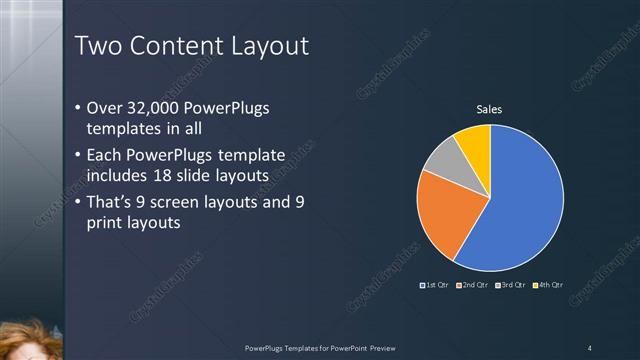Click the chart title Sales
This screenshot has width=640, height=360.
click(489, 109)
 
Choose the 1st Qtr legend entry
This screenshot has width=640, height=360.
click(435, 286)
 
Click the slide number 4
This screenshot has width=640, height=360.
click(589, 347)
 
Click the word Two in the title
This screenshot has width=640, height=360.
click(99, 46)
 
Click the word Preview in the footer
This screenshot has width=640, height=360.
click(383, 347)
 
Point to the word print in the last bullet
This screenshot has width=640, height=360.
click(108, 223)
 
